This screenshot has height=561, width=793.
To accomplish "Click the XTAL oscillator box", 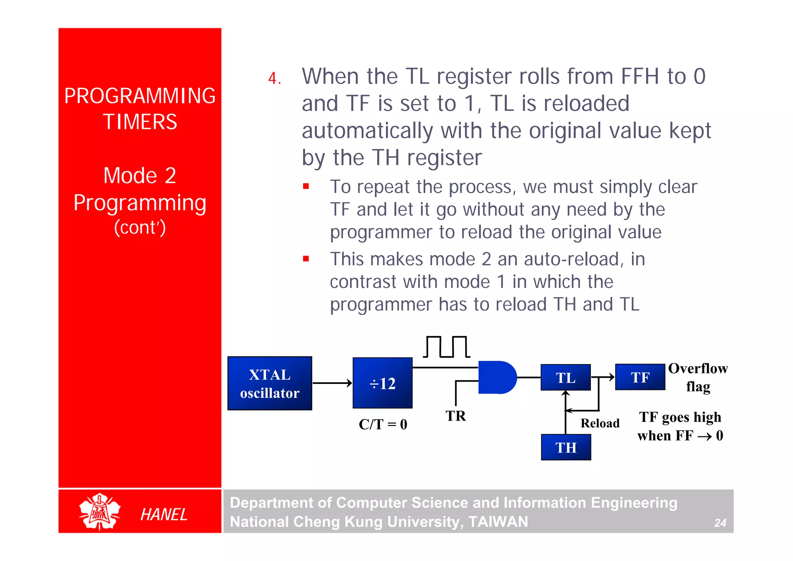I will [x=269, y=383].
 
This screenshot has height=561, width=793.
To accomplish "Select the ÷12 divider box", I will [x=382, y=383].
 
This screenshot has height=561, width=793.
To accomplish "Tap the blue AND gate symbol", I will [x=496, y=377].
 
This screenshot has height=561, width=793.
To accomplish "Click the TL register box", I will [x=565, y=377].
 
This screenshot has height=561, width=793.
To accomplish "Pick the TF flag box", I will [x=640, y=377].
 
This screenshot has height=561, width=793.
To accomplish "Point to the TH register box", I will [x=566, y=447].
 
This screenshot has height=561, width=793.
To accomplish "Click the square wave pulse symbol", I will [x=446, y=347].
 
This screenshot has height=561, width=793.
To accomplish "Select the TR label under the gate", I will [x=455, y=416].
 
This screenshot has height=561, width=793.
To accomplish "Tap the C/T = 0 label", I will [x=383, y=424].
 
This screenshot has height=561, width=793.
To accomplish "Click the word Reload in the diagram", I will [x=600, y=423].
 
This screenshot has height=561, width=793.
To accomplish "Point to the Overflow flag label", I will [x=698, y=377].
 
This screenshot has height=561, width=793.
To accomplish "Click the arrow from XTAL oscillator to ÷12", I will [x=332, y=383].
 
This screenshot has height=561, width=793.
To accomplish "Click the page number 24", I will [x=720, y=523].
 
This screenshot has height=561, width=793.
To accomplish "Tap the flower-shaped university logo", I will [x=100, y=512].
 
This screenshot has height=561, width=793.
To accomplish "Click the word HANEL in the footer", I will [x=164, y=515].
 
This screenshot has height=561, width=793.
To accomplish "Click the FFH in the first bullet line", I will [x=639, y=76].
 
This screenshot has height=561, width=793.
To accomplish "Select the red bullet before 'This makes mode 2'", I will [x=306, y=258].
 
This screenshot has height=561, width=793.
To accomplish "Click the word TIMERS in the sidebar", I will [x=140, y=122].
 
